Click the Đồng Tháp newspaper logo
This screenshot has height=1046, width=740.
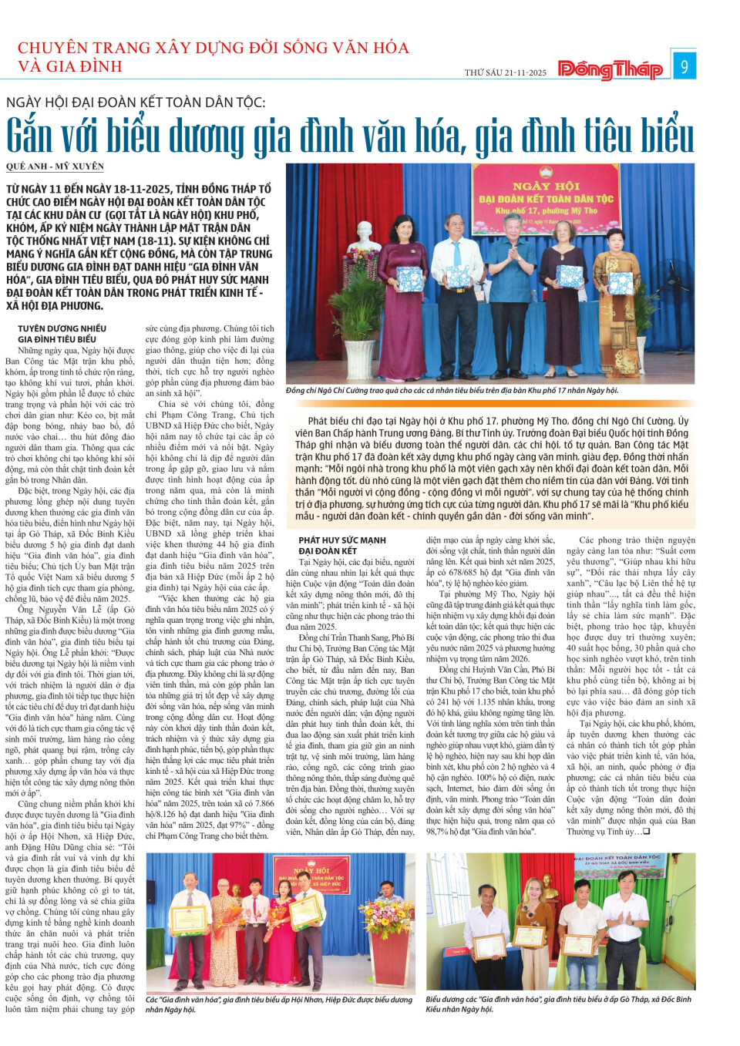click(x=610, y=69)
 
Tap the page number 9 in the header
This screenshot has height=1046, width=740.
click(x=684, y=67)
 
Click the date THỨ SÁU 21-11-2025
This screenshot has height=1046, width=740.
click(x=505, y=72)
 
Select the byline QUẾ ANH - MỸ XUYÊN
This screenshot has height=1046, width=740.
click(x=55, y=166)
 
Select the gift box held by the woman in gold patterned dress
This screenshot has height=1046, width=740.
click(x=569, y=275)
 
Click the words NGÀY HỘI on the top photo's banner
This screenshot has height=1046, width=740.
click(x=546, y=186)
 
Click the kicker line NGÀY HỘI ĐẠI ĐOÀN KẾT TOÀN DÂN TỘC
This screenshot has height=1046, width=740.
click(x=136, y=103)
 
